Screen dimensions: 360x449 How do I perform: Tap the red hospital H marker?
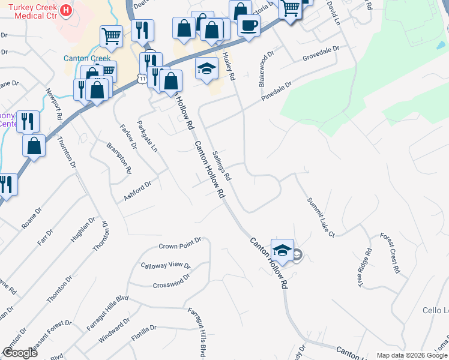[66, 10]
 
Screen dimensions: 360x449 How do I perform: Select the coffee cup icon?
[248, 25]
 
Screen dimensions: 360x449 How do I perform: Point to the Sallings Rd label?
[222, 166]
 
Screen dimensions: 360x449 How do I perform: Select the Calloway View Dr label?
[165, 265]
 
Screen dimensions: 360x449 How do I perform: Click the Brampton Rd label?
[119, 157]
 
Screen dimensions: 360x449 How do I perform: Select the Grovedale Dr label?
[321, 53]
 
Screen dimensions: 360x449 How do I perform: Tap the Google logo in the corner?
[20, 353]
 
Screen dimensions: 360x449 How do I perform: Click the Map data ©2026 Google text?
[412, 355]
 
